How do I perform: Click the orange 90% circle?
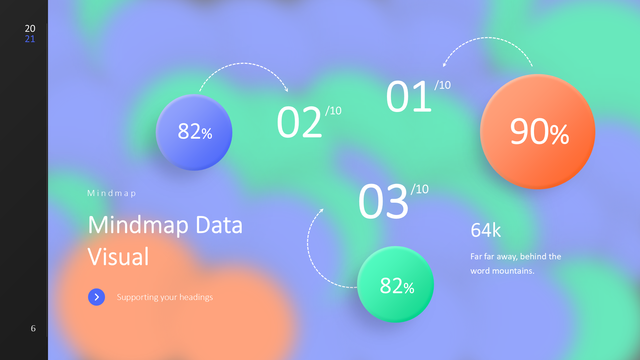537,132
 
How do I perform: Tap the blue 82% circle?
194,132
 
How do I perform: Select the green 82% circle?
395,284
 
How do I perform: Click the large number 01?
409,97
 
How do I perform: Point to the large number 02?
299,122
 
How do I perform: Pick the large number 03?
383,202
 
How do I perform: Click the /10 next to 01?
443,85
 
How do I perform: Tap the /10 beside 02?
333,111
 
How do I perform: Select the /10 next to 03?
420,189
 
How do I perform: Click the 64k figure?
486,230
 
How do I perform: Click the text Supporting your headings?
165,297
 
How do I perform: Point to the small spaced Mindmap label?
111,193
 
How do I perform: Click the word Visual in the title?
118,257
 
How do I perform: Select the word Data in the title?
219,225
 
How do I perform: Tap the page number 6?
33,328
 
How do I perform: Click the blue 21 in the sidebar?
30,39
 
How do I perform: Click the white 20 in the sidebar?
30,29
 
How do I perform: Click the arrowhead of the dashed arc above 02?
286,90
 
